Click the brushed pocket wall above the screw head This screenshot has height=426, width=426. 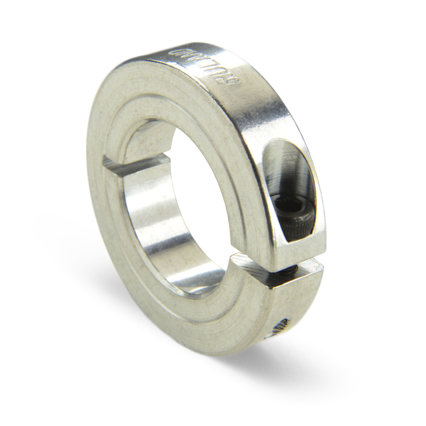pos(284,170)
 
